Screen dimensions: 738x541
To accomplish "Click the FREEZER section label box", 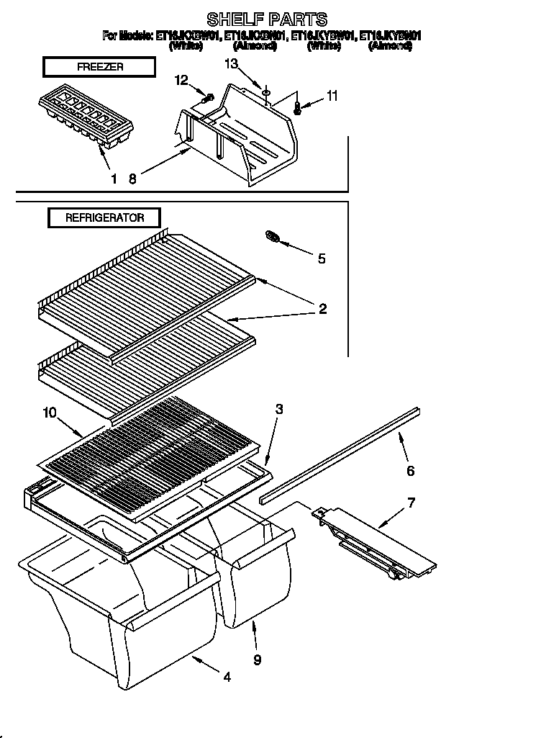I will (99, 67).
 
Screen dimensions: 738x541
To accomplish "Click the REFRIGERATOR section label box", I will (104, 217).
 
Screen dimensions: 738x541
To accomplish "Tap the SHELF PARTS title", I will (267, 19).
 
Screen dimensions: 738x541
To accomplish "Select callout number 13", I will (230, 64).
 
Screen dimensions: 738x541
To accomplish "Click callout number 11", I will (331, 95).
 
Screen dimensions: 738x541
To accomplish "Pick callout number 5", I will (321, 258).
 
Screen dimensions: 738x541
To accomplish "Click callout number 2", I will (322, 309).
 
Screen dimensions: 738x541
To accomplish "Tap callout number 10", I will (50, 413).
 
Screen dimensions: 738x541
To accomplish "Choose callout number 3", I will (279, 409).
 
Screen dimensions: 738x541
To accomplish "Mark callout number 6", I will (411, 471).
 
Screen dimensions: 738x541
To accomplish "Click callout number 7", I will (411, 502).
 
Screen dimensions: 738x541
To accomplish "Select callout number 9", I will (257, 658).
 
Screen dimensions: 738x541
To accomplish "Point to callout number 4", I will (227, 677).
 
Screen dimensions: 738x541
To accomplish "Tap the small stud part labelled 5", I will (273, 237).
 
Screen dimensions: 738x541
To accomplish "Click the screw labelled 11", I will (297, 109).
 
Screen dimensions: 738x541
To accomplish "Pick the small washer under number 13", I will (265, 91).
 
